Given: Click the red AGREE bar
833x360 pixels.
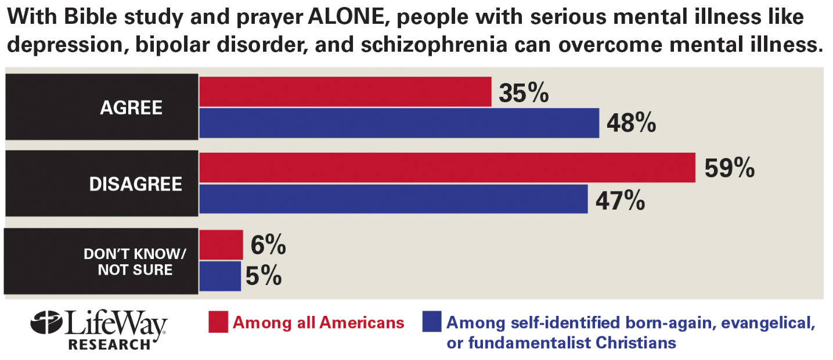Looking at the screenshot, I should point(345,92).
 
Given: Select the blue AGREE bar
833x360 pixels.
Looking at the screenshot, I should point(399,123).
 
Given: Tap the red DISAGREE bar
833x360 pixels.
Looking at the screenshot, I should point(447,168).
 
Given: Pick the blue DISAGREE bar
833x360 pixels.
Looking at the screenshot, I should point(394,199).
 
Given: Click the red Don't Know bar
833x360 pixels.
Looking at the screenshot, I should point(221,244).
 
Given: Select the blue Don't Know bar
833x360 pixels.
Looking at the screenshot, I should point(220,276).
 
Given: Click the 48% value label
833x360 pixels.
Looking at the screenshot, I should point(631,123).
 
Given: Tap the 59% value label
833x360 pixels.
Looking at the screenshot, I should point(729,168).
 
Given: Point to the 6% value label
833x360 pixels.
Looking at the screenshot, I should point(268,245).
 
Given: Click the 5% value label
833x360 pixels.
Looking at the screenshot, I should point(264,276).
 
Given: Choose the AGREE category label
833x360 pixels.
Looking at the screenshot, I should point(131,108).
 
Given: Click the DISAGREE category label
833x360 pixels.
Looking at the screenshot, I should point(135,184).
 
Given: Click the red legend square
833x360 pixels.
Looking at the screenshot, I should point(218,322).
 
